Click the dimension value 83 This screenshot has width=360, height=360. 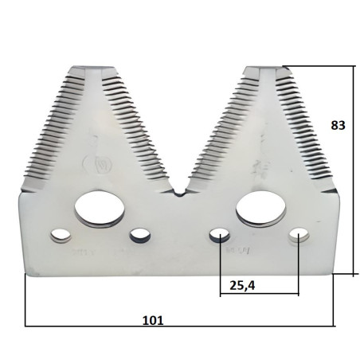pos(338,125)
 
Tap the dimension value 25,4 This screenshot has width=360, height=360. pos(242,286)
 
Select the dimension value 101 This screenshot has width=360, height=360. pos(153,320)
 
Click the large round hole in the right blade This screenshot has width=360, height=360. pos(260,209)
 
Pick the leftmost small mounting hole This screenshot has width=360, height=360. pos(61,236)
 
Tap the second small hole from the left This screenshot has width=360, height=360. pos(139,235)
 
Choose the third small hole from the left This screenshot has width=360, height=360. pos(220,235)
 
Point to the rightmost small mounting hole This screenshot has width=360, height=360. pos(299,235)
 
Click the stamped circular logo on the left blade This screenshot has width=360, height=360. pos(98,165)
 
